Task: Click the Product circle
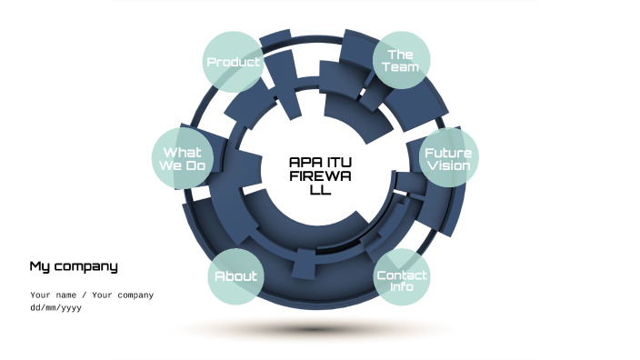(x=233, y=62)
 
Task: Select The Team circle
(x=401, y=61)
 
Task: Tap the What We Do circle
(x=182, y=159)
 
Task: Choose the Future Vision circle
(x=448, y=159)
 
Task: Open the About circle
(x=235, y=276)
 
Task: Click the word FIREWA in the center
(x=320, y=175)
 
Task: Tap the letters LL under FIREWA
(x=320, y=190)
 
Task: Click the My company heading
(x=74, y=266)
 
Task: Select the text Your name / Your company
(x=92, y=295)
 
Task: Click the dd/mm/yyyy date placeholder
(x=56, y=307)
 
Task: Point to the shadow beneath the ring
(x=314, y=330)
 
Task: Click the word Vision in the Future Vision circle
(x=448, y=166)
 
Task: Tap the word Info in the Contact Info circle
(x=402, y=287)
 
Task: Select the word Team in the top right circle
(x=401, y=67)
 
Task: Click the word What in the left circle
(x=182, y=152)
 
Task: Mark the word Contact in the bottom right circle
(x=402, y=275)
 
